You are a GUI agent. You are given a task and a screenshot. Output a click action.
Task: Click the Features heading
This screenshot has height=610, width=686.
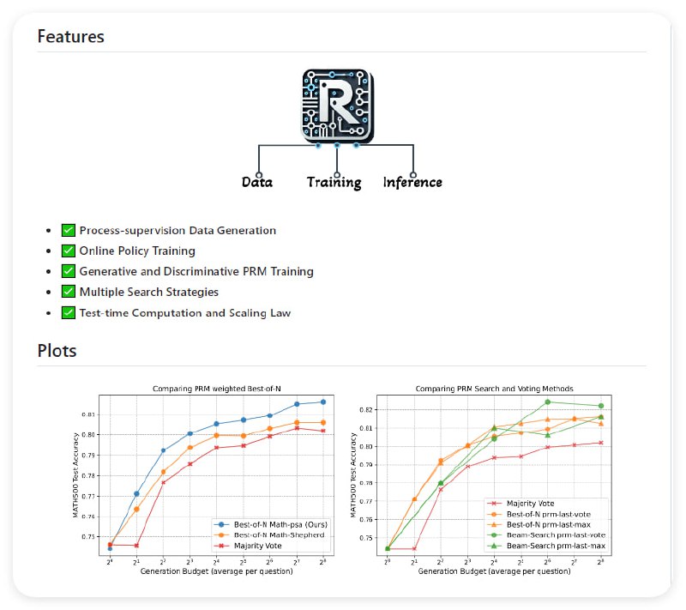coord(71,37)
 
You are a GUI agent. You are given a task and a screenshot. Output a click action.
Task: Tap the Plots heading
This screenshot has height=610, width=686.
coord(57,351)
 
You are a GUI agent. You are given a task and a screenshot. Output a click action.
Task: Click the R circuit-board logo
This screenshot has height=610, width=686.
coord(338,106)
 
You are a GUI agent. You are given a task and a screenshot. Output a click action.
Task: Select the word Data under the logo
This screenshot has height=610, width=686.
coord(257,182)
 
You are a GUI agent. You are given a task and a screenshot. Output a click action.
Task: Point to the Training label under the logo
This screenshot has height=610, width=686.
coord(334,183)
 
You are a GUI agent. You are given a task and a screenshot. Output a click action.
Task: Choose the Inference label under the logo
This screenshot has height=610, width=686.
coord(412,182)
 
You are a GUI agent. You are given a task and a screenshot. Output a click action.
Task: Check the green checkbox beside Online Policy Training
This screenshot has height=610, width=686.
coord(69,251)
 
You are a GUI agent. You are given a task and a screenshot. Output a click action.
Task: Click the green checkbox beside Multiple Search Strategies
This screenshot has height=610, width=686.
coord(69,293)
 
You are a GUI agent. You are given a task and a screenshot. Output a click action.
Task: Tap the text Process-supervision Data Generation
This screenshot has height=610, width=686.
coord(178,231)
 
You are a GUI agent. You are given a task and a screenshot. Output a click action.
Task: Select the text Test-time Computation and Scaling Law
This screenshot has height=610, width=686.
coord(184,313)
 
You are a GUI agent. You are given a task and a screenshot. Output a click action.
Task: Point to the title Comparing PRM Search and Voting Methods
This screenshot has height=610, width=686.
coord(494,389)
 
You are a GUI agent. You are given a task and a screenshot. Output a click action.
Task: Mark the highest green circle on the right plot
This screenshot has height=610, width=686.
coord(547,402)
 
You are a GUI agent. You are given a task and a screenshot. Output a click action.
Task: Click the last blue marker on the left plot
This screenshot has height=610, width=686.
coord(323,402)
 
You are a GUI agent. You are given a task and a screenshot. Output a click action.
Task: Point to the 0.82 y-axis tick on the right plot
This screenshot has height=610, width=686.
coord(368,410)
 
